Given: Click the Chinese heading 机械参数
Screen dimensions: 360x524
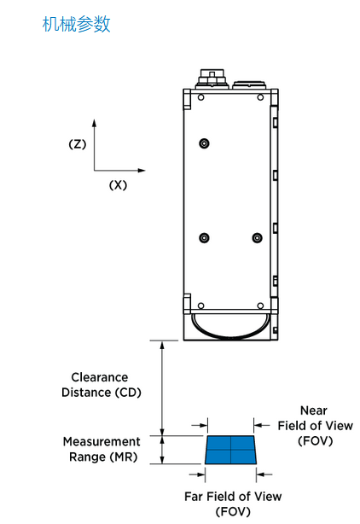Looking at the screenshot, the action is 76,25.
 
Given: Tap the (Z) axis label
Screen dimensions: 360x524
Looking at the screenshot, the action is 78,144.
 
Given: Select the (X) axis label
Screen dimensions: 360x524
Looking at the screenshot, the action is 119,185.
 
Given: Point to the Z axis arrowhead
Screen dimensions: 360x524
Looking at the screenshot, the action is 94,123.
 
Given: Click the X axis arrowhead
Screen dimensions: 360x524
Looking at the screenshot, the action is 142,171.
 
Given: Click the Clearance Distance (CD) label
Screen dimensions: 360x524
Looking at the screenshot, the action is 102,385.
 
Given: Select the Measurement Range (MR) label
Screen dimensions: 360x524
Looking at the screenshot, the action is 102,449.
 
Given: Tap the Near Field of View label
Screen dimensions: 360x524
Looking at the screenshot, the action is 316,426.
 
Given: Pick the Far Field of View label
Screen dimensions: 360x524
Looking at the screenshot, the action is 233,504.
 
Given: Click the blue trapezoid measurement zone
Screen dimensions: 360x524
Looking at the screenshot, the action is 231,450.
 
